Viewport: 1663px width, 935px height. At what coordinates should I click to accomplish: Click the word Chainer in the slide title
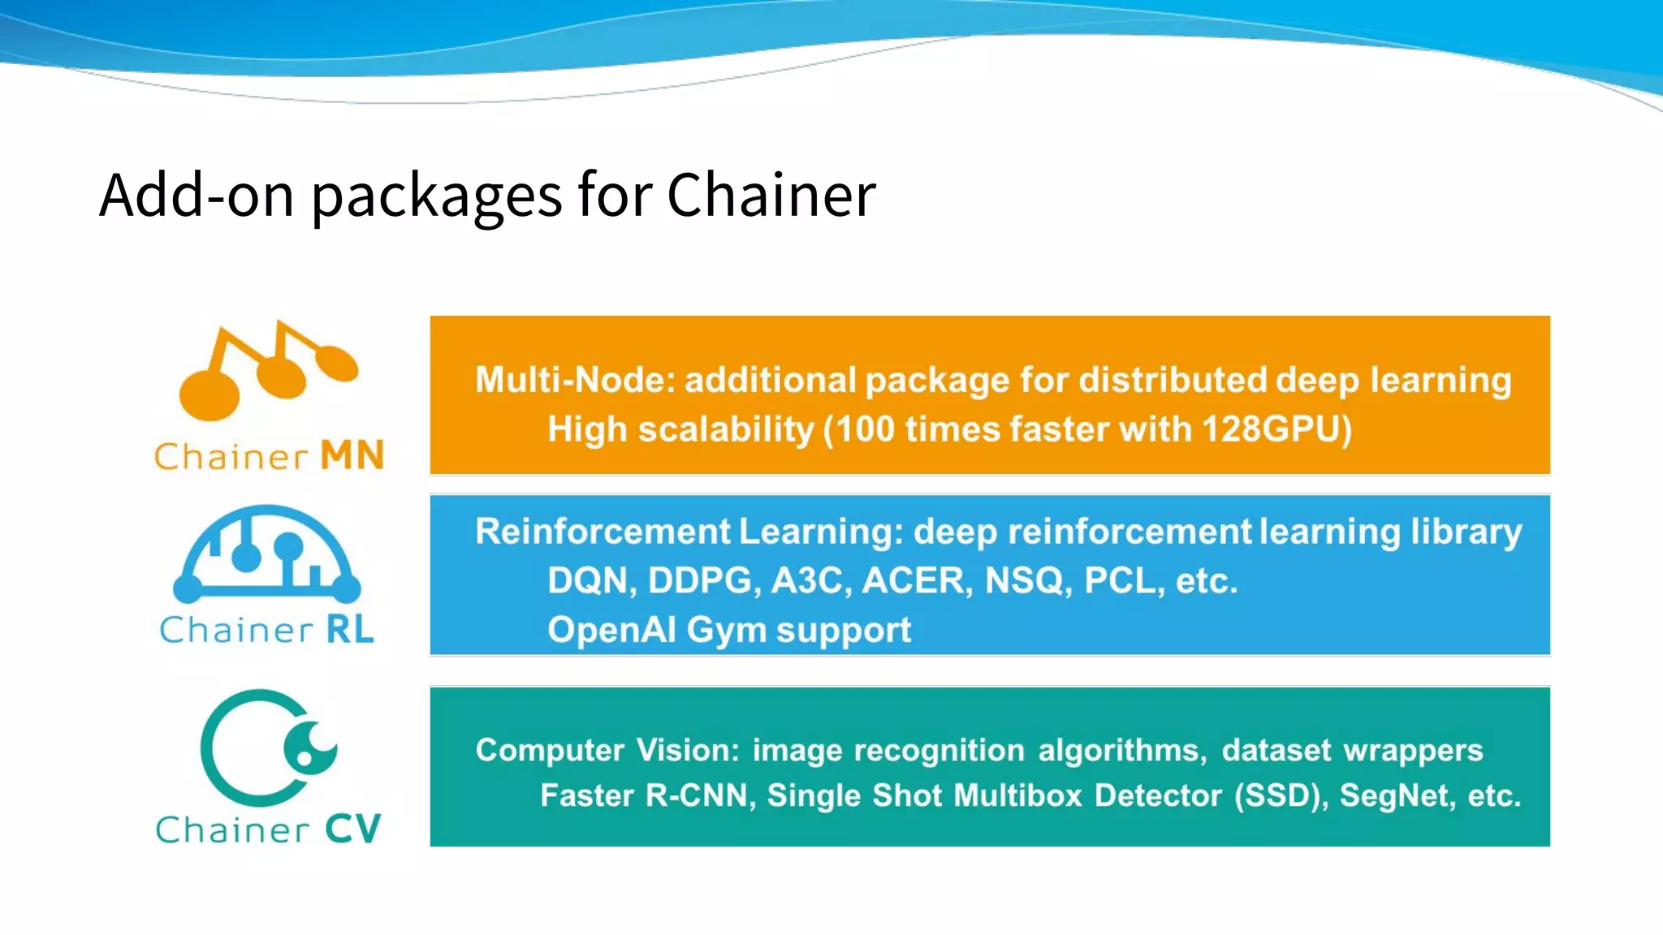point(771,196)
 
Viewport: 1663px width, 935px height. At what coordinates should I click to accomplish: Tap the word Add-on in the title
point(196,196)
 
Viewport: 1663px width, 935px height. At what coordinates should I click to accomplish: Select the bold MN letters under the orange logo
point(352,456)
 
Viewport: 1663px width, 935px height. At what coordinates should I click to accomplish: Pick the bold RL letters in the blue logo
point(350,630)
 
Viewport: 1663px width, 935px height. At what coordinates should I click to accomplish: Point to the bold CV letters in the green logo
point(352,829)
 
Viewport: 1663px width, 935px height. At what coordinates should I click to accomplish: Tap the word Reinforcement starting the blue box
point(603,532)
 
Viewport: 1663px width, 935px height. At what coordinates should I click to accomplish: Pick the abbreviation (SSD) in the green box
point(1281,796)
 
